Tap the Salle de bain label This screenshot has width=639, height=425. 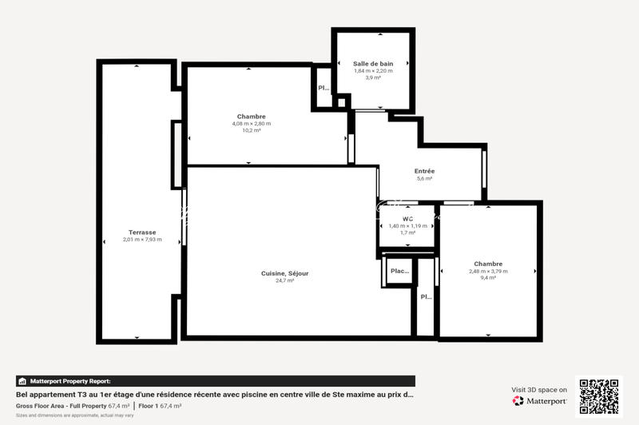(x=373, y=63)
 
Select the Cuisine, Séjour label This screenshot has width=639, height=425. (x=284, y=273)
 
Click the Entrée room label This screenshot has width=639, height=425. (x=424, y=171)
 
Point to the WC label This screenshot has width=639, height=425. (x=407, y=219)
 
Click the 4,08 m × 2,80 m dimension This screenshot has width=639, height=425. (x=252, y=123)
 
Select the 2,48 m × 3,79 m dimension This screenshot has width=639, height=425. (x=488, y=271)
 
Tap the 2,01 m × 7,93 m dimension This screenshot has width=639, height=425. (x=142, y=240)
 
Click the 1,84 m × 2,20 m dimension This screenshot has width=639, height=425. (x=373, y=70)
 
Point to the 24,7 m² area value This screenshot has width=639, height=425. (x=284, y=280)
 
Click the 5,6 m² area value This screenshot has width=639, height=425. (x=424, y=179)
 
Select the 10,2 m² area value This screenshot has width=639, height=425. (x=252, y=130)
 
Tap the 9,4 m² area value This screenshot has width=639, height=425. (x=488, y=278)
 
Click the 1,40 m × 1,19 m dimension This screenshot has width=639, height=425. (x=407, y=226)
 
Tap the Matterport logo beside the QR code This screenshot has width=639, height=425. (x=540, y=400)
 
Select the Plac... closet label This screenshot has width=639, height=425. (x=399, y=271)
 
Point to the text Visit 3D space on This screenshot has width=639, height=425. (x=539, y=390)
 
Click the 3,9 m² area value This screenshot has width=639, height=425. (x=373, y=77)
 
